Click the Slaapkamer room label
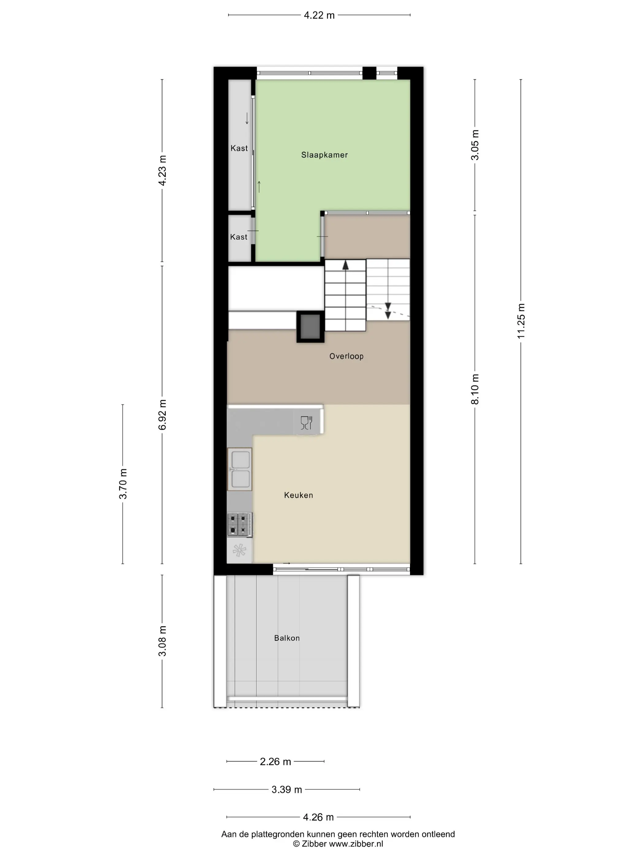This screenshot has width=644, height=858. click(324, 155)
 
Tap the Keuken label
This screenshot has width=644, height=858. click(298, 495)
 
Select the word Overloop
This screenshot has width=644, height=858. click(346, 356)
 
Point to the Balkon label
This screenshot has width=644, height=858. click(286, 638)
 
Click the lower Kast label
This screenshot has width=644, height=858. click(238, 237)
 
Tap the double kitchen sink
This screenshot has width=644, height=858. click(240, 469)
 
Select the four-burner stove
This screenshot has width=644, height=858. click(240, 525)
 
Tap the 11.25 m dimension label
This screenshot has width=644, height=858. click(521, 321)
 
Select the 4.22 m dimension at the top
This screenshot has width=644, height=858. click(319, 15)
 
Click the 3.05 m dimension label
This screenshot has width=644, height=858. click(475, 145)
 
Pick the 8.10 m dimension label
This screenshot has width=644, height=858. click(475, 389)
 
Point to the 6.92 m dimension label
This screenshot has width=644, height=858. click(162, 415)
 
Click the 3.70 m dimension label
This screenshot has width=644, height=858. click(123, 484)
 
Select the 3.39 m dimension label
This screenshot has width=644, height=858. click(286, 789)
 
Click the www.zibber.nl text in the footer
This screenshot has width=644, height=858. click(356, 844)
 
